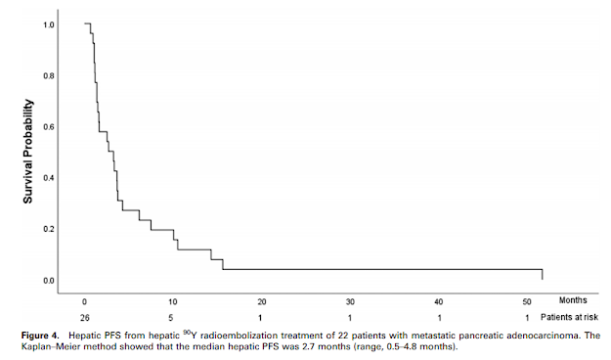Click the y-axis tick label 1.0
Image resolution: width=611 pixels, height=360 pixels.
click(49, 25)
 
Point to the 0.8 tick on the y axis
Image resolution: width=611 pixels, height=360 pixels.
click(49, 75)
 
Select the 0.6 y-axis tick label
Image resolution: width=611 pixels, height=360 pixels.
click(49, 127)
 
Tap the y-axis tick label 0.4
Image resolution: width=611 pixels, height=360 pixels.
click(49, 178)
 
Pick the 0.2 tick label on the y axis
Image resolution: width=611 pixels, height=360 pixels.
click(49, 229)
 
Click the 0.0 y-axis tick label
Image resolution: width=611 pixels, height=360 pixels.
click(49, 281)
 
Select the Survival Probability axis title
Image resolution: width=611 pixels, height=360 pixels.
click(28, 152)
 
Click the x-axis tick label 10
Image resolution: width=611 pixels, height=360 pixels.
click(173, 301)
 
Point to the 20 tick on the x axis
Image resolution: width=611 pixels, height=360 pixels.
click(262, 301)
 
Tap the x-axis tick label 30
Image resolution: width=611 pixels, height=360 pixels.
click(350, 301)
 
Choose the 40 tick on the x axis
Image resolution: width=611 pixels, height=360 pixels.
click(438, 301)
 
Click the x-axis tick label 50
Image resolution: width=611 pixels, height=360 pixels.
click(527, 301)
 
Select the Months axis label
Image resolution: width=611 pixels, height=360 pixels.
click(573, 300)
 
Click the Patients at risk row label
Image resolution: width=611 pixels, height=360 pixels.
click(569, 318)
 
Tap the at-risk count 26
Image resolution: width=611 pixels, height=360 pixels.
click(85, 318)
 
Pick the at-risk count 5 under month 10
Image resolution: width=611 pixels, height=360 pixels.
click(171, 318)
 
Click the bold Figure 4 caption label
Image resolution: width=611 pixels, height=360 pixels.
click(40, 336)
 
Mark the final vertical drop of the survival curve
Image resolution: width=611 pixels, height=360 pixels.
click(542, 275)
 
